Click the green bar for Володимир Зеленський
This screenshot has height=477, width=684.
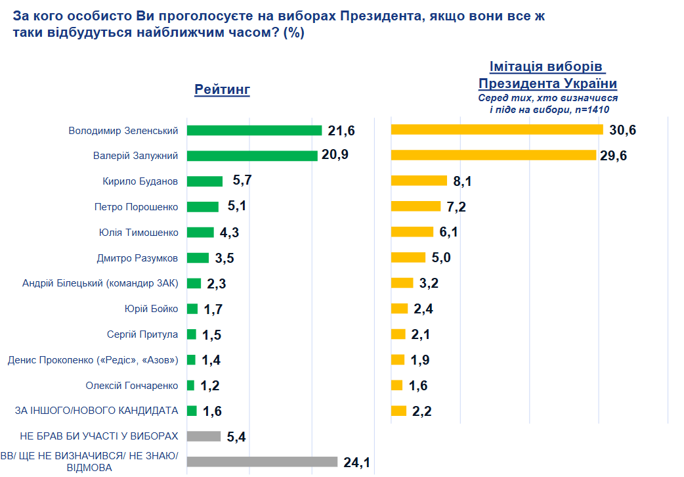tap(254, 130)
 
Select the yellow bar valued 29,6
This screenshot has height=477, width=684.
tap(493, 155)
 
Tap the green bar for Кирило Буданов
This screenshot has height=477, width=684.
tap(205, 181)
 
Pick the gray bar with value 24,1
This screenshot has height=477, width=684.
tap(262, 462)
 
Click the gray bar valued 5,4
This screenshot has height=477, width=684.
tap(203, 436)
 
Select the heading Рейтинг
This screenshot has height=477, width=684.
tap(222, 90)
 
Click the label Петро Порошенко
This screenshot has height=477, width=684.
tap(137, 206)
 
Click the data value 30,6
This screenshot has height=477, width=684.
tap(623, 130)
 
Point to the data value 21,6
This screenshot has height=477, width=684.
tap(341, 131)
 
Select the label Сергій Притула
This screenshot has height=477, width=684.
tap(142, 334)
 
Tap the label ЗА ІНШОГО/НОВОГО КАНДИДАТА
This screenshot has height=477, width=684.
tap(96, 411)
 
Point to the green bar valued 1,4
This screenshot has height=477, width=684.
tap(191, 359)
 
